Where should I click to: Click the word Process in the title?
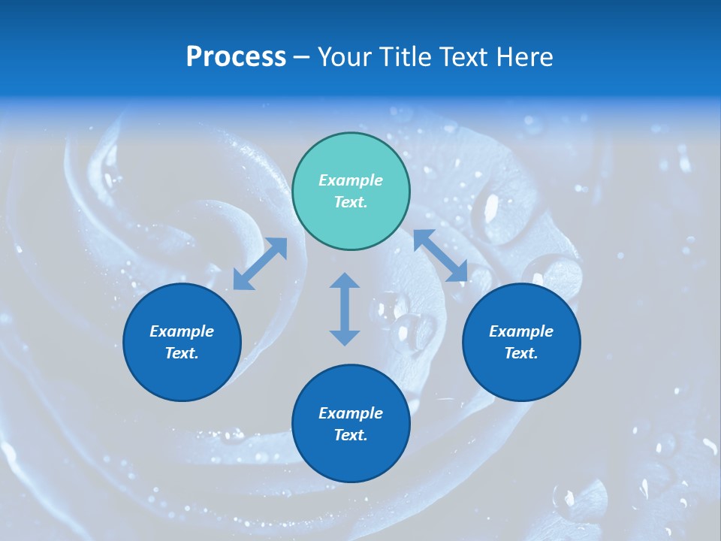[236, 57]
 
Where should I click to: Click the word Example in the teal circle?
[351, 180]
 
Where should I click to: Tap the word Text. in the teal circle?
[351, 202]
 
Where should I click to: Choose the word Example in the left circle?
[182, 331]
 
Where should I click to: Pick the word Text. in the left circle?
[182, 353]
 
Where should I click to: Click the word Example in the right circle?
[521, 331]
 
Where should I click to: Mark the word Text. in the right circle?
[521, 353]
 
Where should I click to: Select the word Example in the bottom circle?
[351, 413]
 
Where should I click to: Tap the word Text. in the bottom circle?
[351, 435]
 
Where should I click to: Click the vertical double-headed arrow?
[345, 309]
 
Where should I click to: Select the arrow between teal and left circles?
[260, 264]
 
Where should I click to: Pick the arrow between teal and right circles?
[441, 255]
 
